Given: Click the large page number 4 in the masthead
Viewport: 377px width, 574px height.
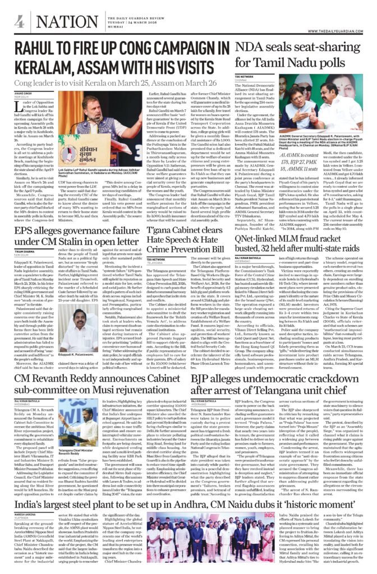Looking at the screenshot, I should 19,22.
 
